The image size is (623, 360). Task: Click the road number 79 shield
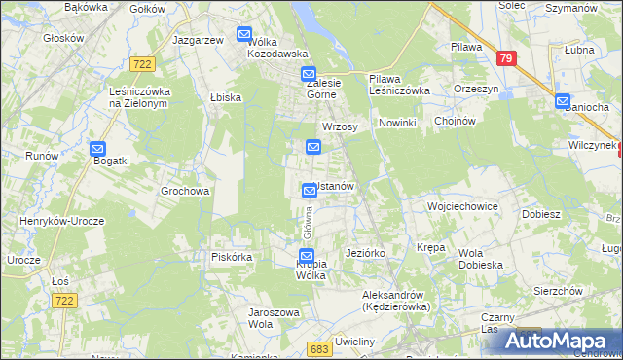pyautogui.click(x=504, y=58)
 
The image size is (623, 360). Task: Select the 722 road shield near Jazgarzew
pyautogui.click(x=143, y=63)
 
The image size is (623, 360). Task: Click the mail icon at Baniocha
pyautogui.click(x=563, y=100)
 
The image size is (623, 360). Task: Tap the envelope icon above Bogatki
pyautogui.click(x=97, y=150)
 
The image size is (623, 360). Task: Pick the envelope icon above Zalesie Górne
pyautogui.click(x=309, y=74)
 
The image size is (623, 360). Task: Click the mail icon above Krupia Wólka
pyautogui.click(x=307, y=256)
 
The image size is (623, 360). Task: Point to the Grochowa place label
pyautogui.click(x=185, y=192)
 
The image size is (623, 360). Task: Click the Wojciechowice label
pyautogui.click(x=462, y=207)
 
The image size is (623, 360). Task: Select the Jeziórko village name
pyautogui.click(x=366, y=253)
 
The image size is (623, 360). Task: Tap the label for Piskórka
pyautogui.click(x=233, y=257)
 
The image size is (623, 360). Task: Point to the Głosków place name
pyautogui.click(x=63, y=40)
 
